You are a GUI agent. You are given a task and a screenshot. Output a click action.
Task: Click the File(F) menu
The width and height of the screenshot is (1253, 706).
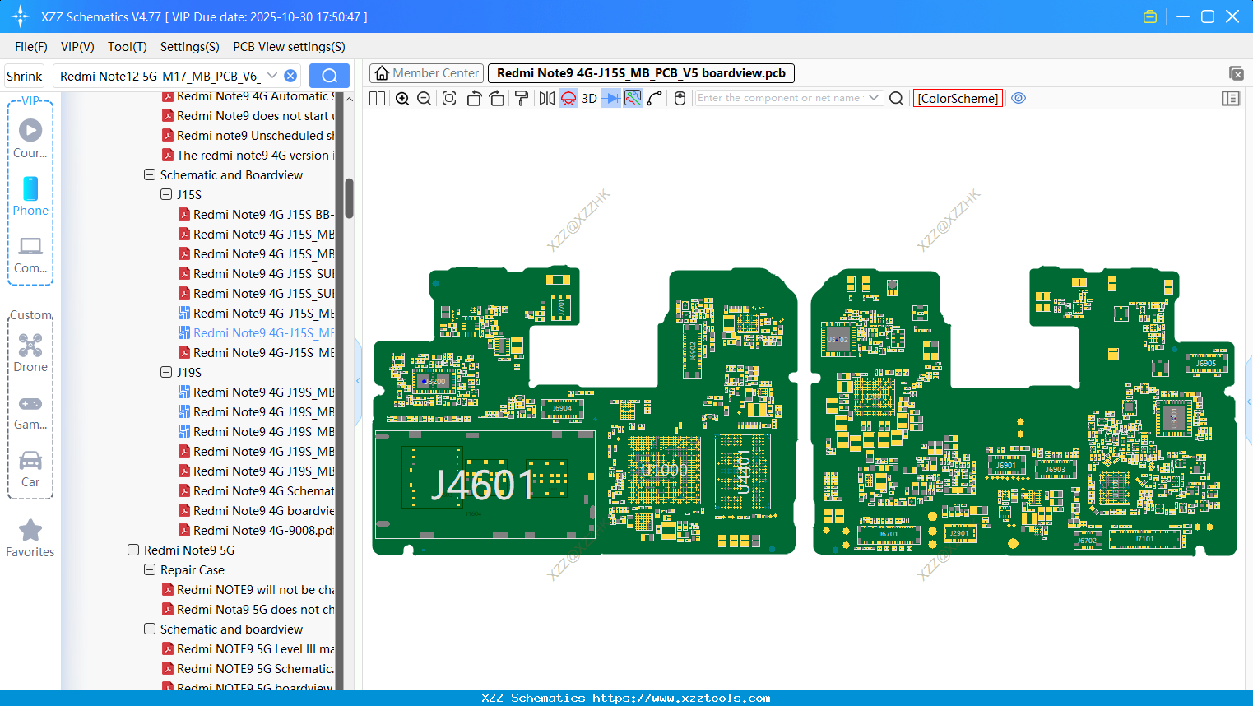click(x=30, y=47)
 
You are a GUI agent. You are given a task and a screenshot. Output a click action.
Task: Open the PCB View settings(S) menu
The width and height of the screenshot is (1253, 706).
click(x=289, y=47)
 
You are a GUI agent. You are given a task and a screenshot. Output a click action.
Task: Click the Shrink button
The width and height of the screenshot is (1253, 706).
click(x=24, y=77)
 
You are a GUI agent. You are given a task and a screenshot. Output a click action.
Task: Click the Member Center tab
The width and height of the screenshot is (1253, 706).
click(x=426, y=73)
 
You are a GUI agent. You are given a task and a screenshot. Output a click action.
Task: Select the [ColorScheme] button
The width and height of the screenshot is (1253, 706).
click(x=958, y=99)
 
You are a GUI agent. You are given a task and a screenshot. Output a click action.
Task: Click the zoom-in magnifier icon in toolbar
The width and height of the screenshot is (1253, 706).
click(x=402, y=99)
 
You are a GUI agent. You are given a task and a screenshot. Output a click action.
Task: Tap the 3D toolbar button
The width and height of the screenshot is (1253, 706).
click(x=589, y=99)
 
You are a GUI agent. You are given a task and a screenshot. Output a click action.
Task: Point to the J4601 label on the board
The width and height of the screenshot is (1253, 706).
click(x=483, y=485)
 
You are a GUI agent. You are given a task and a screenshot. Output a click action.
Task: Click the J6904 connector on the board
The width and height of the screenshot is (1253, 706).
click(x=562, y=408)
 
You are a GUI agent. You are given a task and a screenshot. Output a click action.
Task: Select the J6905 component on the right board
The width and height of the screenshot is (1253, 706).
click(x=1205, y=364)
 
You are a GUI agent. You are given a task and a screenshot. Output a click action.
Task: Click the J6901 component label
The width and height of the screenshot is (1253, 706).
click(x=1006, y=466)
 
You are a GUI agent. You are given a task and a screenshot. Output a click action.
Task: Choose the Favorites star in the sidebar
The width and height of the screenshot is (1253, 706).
click(x=30, y=531)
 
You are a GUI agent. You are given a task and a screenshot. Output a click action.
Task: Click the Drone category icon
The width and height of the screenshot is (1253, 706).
click(x=30, y=346)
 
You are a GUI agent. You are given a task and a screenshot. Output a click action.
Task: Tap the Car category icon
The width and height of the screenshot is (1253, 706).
click(x=30, y=461)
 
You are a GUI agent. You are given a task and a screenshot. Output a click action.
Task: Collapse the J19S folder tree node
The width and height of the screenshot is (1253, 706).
click(x=166, y=373)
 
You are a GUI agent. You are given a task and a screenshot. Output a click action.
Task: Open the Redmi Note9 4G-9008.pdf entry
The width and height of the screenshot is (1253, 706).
click(x=263, y=531)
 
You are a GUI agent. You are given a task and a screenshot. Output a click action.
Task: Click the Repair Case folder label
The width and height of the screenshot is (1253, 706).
click(x=192, y=570)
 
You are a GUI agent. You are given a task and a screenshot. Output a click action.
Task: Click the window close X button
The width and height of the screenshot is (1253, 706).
click(x=1232, y=16)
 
